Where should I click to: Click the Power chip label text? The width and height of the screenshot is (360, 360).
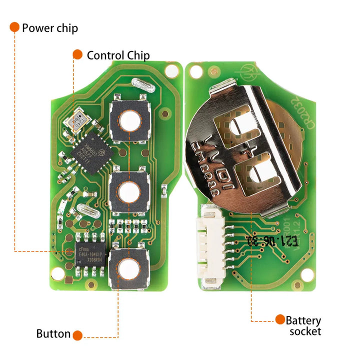49,28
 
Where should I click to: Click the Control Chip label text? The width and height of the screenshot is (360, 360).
118,55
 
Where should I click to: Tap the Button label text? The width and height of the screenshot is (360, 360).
53,334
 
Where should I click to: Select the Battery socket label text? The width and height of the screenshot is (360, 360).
303,325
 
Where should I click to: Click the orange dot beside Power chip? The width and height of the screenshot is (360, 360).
14,27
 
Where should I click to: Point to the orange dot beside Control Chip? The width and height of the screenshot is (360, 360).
77,54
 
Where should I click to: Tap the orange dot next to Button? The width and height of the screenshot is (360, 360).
77,334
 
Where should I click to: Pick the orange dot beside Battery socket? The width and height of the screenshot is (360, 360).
280,319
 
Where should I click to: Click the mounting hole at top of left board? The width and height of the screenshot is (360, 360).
172,71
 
